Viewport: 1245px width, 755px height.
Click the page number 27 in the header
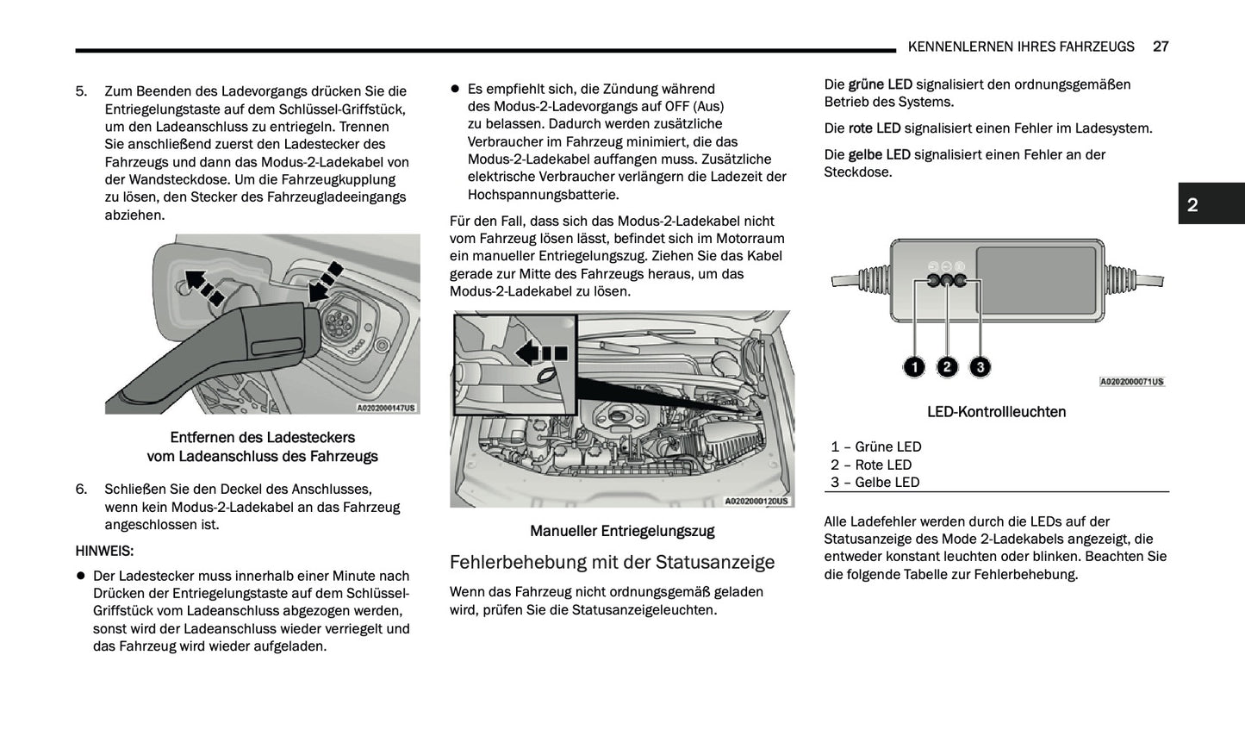pyautogui.click(x=1160, y=47)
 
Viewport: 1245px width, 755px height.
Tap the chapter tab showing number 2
pyautogui.click(x=1192, y=204)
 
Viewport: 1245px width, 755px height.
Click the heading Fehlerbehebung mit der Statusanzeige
pyautogui.click(x=612, y=562)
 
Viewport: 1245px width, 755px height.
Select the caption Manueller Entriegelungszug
pyautogui.click(x=621, y=531)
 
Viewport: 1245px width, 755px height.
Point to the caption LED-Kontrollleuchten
pyautogui.click(x=996, y=412)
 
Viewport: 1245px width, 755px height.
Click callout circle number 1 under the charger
pyautogui.click(x=914, y=367)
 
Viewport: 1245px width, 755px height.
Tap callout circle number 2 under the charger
pyautogui.click(x=947, y=367)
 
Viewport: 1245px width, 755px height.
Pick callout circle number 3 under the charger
pyautogui.click(x=980, y=367)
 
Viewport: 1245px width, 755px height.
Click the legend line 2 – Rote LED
pyautogui.click(x=871, y=465)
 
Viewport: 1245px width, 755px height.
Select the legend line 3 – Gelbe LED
pyautogui.click(x=875, y=482)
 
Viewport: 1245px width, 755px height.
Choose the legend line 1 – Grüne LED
pyautogui.click(x=875, y=446)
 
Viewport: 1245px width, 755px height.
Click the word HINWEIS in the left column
pyautogui.click(x=104, y=551)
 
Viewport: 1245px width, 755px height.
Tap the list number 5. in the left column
pyautogui.click(x=81, y=91)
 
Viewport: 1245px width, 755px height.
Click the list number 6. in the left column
pyautogui.click(x=81, y=489)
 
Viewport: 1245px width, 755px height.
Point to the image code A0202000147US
pyautogui.click(x=386, y=409)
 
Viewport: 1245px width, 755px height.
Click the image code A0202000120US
pyautogui.click(x=756, y=501)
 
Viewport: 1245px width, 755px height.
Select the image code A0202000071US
pyautogui.click(x=1131, y=382)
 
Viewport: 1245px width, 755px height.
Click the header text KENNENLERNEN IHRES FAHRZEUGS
pyautogui.click(x=1021, y=47)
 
